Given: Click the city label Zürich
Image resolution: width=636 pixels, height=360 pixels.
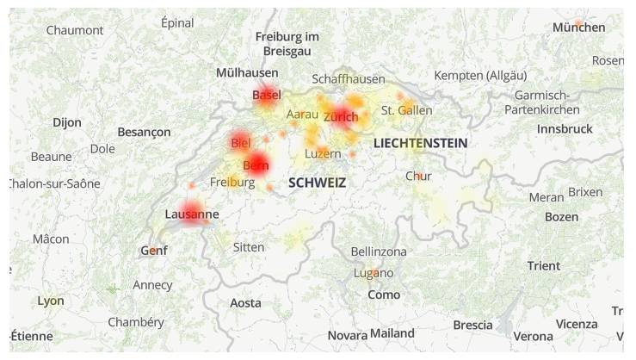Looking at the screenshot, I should [x=341, y=116].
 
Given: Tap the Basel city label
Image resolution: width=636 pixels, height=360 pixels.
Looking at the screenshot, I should [x=267, y=95].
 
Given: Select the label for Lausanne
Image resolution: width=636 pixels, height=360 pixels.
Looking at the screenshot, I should [x=191, y=214].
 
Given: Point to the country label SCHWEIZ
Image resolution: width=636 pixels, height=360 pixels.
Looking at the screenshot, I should [x=317, y=183].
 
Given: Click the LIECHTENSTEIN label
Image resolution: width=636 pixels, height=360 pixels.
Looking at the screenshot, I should [x=420, y=143].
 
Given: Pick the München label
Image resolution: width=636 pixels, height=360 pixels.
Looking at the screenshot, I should [x=578, y=28].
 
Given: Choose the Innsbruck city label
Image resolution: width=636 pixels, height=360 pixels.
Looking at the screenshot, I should [x=565, y=128].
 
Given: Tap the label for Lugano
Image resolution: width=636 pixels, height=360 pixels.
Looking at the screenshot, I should [x=374, y=273].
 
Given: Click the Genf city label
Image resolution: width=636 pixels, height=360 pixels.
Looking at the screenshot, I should [x=153, y=251].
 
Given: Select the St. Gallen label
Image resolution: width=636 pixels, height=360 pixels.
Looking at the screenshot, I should [x=406, y=110].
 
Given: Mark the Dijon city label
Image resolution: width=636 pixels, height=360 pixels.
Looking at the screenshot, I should [x=67, y=122].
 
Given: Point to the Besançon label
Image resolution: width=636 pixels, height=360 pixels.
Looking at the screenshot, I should [x=144, y=133].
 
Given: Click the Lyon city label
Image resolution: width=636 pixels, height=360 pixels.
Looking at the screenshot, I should [x=51, y=301].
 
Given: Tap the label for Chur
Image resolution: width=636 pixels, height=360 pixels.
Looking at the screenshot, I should [x=418, y=177].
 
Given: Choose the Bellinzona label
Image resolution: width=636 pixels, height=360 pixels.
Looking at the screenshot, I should [x=379, y=251].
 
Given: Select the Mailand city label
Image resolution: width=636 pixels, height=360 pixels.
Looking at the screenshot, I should [x=392, y=333].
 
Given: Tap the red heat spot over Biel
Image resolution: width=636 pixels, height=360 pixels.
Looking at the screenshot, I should [x=240, y=142].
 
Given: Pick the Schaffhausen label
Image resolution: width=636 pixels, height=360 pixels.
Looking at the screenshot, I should [x=349, y=78].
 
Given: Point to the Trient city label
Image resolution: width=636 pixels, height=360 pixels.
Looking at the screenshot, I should [x=543, y=265].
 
